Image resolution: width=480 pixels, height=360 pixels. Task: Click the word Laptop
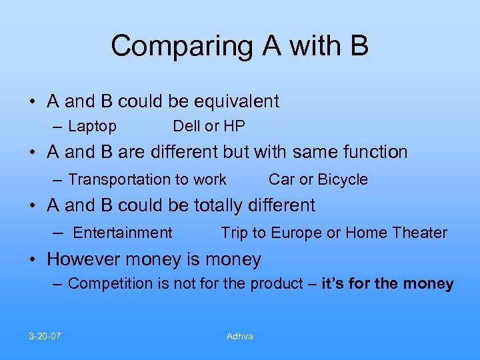pyautogui.click(x=92, y=126)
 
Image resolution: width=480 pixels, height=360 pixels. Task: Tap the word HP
pyautogui.click(x=234, y=126)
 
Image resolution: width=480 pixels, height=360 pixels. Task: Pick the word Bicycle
pyautogui.click(x=343, y=179)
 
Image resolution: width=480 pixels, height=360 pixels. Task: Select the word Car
pyautogui.click(x=281, y=179)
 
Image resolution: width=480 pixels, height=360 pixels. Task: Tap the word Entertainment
pyautogui.click(x=123, y=233)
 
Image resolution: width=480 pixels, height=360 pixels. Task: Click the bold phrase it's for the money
pyautogui.click(x=387, y=284)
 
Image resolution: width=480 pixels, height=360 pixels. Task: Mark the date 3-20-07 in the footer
pyautogui.click(x=45, y=336)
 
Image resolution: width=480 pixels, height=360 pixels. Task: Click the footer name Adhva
pyautogui.click(x=240, y=336)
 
